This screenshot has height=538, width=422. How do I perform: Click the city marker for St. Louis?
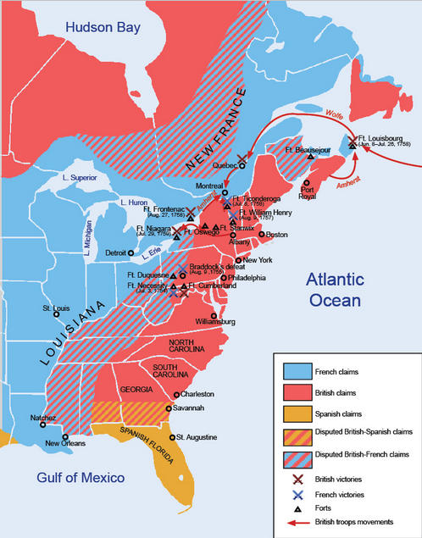57,314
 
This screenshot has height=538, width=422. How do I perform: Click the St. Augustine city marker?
171,437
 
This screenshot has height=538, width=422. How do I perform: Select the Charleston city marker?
176,395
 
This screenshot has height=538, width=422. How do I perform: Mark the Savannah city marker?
167,409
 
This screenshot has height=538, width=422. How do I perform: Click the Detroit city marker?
129,252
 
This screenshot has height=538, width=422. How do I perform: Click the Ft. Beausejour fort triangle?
311,157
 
